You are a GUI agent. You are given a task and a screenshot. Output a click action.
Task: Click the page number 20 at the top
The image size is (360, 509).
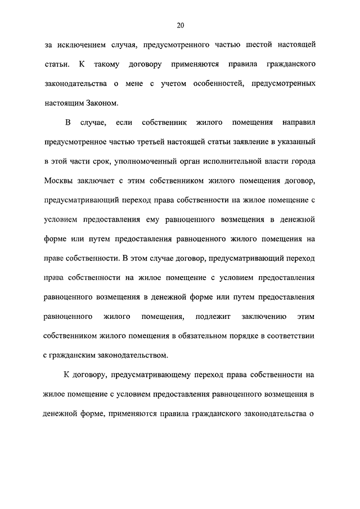(x=180, y=25)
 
